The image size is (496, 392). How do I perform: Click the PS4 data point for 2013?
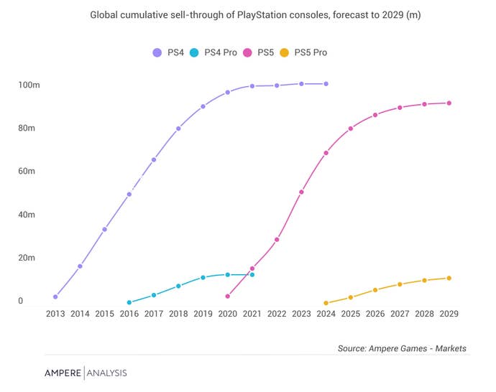[55, 297]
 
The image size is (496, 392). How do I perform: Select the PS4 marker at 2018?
[178, 129]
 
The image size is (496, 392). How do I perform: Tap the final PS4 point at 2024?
[326, 84]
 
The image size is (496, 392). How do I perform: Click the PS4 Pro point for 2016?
[129, 303]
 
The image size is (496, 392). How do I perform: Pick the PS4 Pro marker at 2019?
[203, 278]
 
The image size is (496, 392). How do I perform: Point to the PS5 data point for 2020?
[228, 297]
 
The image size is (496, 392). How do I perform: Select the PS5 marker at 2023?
[301, 192]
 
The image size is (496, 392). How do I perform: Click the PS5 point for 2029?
[449, 103]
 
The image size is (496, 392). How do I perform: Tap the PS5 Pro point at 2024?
[326, 304]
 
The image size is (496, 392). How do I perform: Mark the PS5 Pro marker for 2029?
[449, 279]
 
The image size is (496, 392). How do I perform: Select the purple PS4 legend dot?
[157, 52]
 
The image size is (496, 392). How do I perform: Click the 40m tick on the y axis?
[27, 215]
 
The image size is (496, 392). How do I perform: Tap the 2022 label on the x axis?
[277, 314]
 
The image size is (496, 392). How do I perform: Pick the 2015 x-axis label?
[104, 314]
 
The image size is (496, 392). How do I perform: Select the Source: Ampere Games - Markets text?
[402, 349]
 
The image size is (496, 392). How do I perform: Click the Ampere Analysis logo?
[85, 373]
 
